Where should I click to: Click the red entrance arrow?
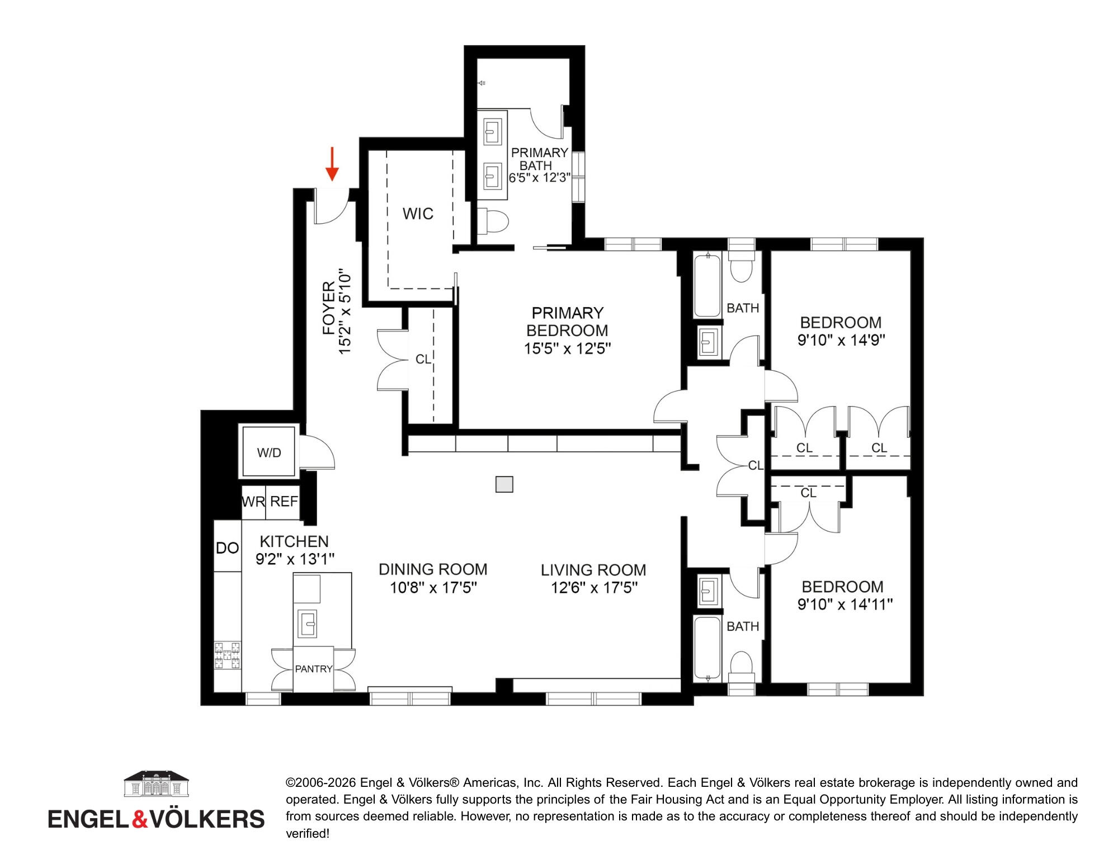(x=332, y=164)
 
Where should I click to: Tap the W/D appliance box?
(x=268, y=452)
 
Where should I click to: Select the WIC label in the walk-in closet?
(x=418, y=214)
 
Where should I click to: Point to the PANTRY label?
(x=314, y=669)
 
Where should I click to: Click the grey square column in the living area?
(x=504, y=484)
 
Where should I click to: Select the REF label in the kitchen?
(x=284, y=502)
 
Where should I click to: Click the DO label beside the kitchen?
(x=227, y=549)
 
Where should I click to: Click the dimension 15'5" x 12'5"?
(x=567, y=349)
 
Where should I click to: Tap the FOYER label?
(x=329, y=308)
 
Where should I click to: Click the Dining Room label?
(x=433, y=569)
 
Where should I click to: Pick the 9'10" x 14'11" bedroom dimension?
(x=845, y=605)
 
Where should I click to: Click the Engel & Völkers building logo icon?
(x=156, y=783)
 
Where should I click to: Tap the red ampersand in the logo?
(x=140, y=819)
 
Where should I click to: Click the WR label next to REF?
(x=253, y=502)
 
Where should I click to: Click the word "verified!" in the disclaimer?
(x=308, y=833)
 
